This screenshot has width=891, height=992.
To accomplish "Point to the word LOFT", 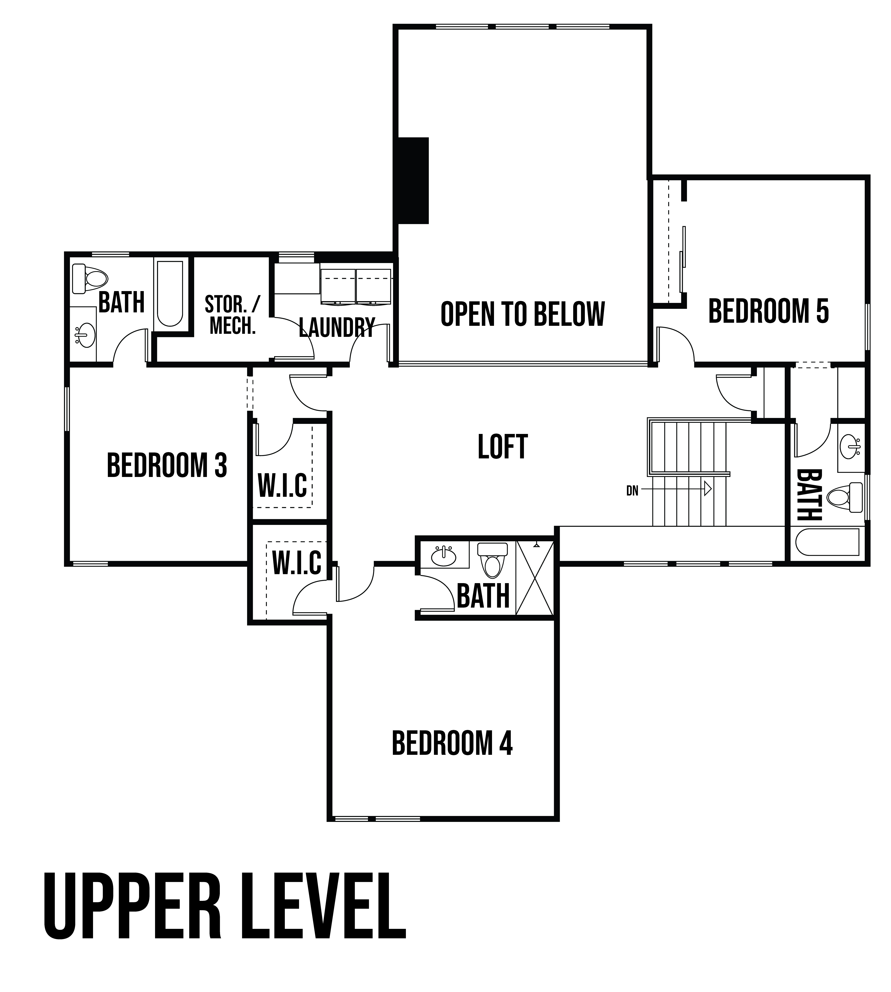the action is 503,447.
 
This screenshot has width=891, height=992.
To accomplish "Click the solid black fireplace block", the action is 414,181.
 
